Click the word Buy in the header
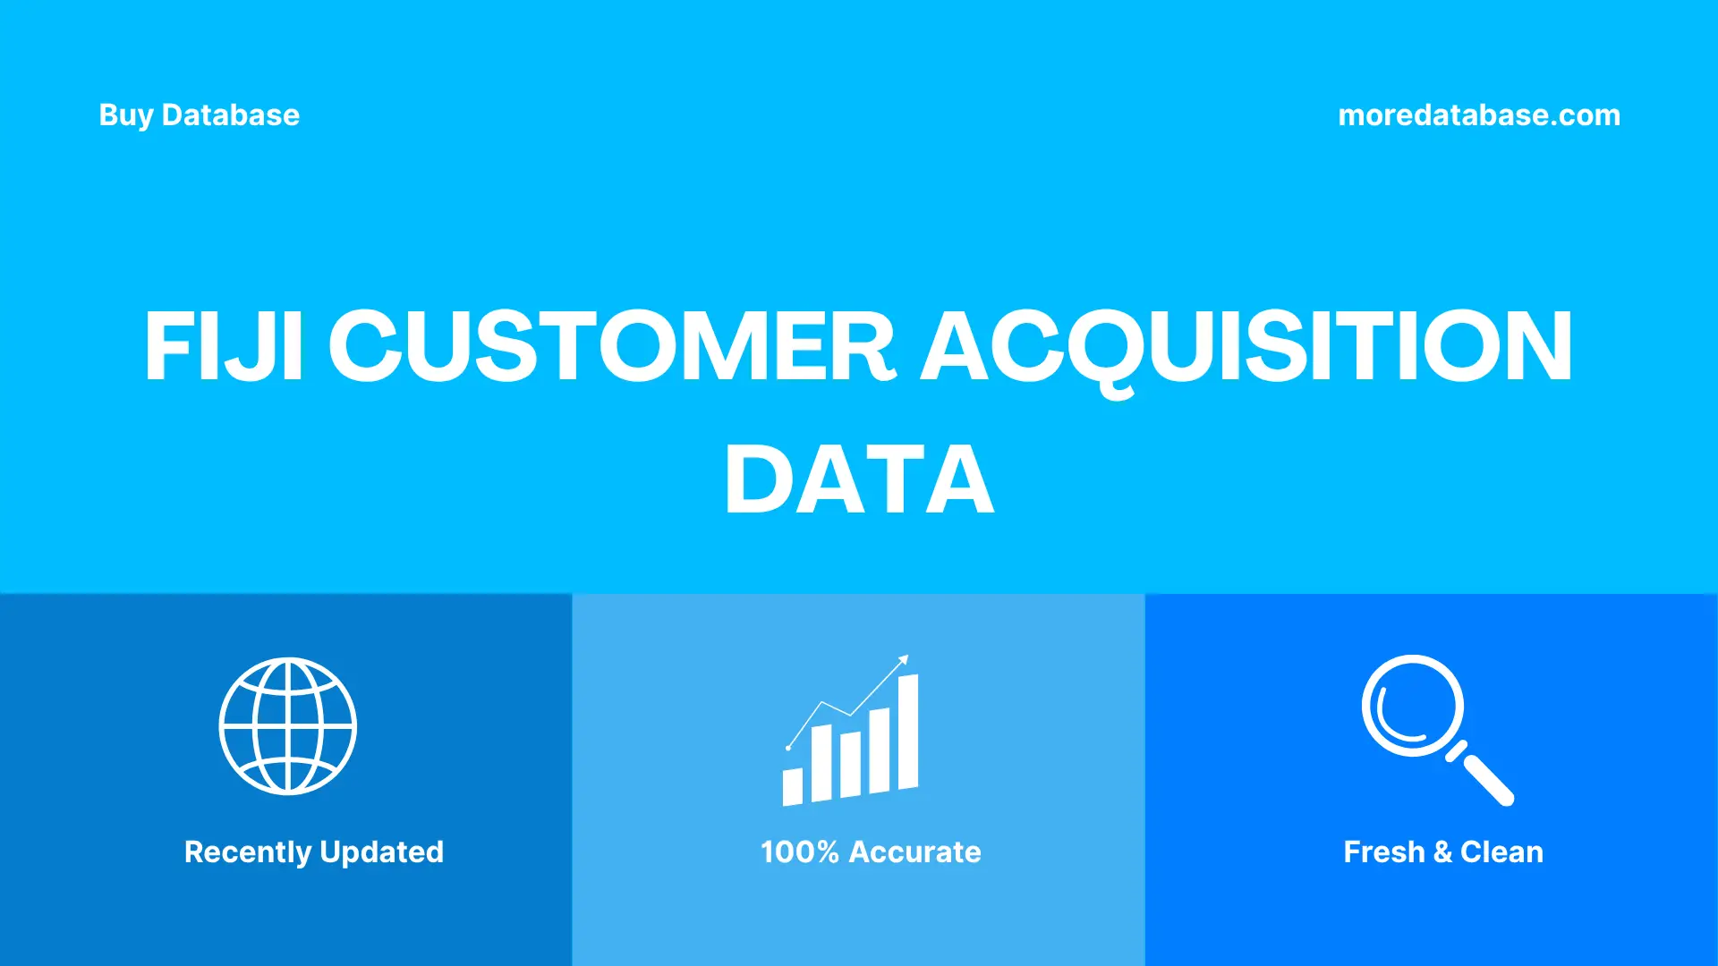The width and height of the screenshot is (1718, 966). [x=125, y=115]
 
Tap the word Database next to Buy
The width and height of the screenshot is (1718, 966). [x=231, y=115]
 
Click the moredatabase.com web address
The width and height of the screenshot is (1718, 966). [x=1478, y=115]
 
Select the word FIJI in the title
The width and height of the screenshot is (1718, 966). [x=224, y=347]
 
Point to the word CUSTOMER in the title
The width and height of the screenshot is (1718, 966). [x=612, y=347]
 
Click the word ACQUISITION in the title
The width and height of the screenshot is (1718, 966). [x=1246, y=347]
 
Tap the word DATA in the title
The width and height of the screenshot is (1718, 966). [x=859, y=480]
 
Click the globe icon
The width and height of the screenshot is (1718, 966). [x=288, y=726]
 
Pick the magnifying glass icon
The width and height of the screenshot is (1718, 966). [x=1414, y=707]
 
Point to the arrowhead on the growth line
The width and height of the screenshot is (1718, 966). [x=904, y=660]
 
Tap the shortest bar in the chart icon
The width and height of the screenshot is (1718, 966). [x=793, y=786]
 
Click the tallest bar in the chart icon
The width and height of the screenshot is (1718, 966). [x=908, y=732]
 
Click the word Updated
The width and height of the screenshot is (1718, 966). [x=382, y=852]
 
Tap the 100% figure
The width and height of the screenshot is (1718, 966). [x=799, y=852]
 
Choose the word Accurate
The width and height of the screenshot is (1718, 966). [x=914, y=852]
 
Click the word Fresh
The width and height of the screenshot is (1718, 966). [x=1383, y=852]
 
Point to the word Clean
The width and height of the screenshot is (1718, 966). [x=1501, y=852]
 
